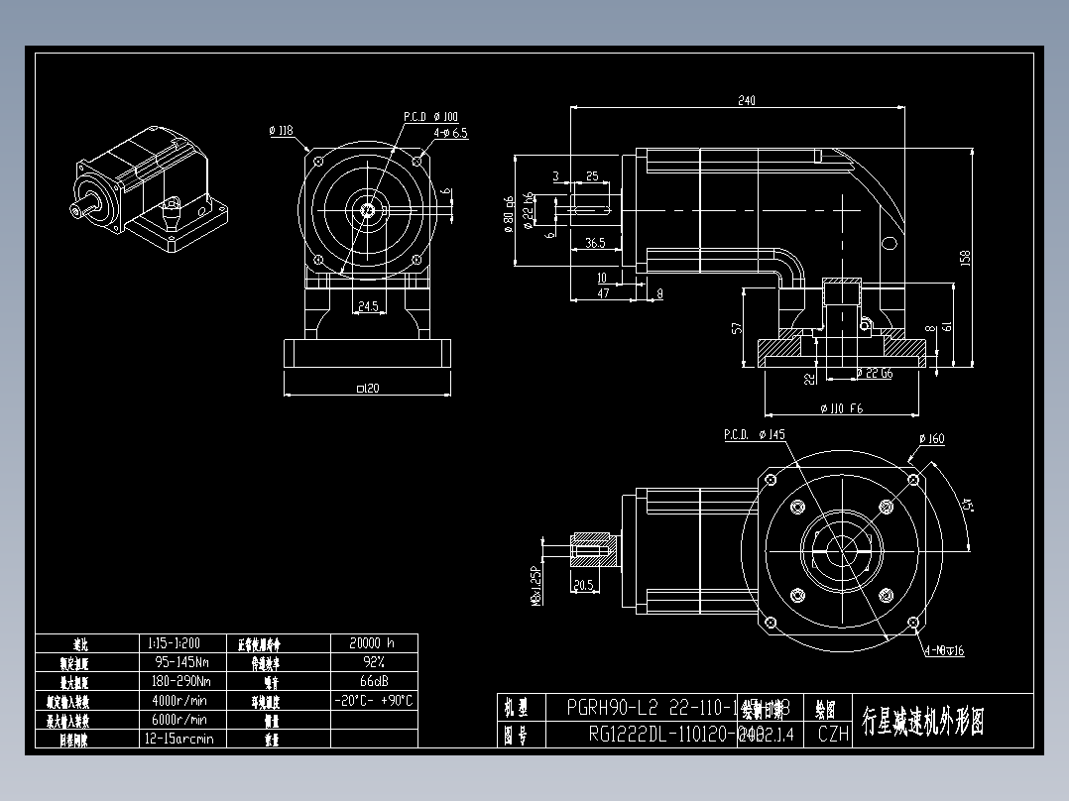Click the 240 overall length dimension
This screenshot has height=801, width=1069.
click(x=746, y=100)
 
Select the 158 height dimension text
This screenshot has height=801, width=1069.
click(x=965, y=257)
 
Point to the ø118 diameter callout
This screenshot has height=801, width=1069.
click(x=281, y=130)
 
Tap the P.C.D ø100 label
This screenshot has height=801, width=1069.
click(x=430, y=117)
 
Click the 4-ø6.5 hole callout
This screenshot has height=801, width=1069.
click(x=450, y=132)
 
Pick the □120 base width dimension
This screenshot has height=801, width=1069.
click(x=367, y=388)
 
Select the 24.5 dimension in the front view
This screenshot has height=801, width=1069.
click(x=367, y=307)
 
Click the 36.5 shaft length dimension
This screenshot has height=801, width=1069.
click(x=595, y=243)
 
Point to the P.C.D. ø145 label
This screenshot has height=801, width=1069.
click(x=754, y=434)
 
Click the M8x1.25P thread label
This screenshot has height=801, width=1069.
click(x=536, y=566)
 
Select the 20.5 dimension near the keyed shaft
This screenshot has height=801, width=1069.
click(x=583, y=585)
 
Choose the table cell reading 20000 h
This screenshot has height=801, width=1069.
click(x=373, y=642)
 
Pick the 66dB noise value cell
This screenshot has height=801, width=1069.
click(x=373, y=681)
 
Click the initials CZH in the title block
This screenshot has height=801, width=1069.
click(x=833, y=735)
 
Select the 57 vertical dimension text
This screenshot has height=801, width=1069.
click(x=736, y=327)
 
